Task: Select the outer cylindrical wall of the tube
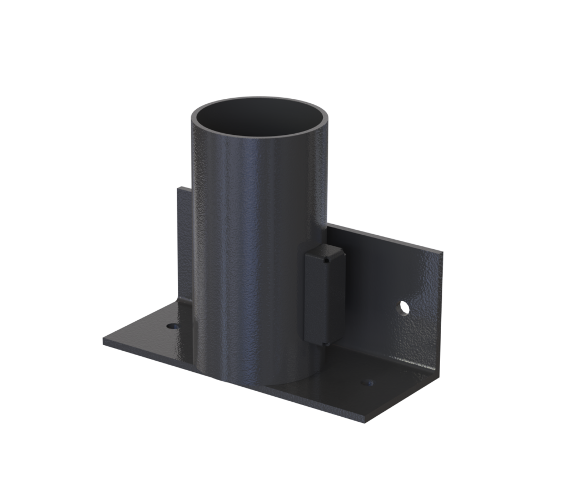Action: tap(250, 250)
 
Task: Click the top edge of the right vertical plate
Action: tap(389, 238)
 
